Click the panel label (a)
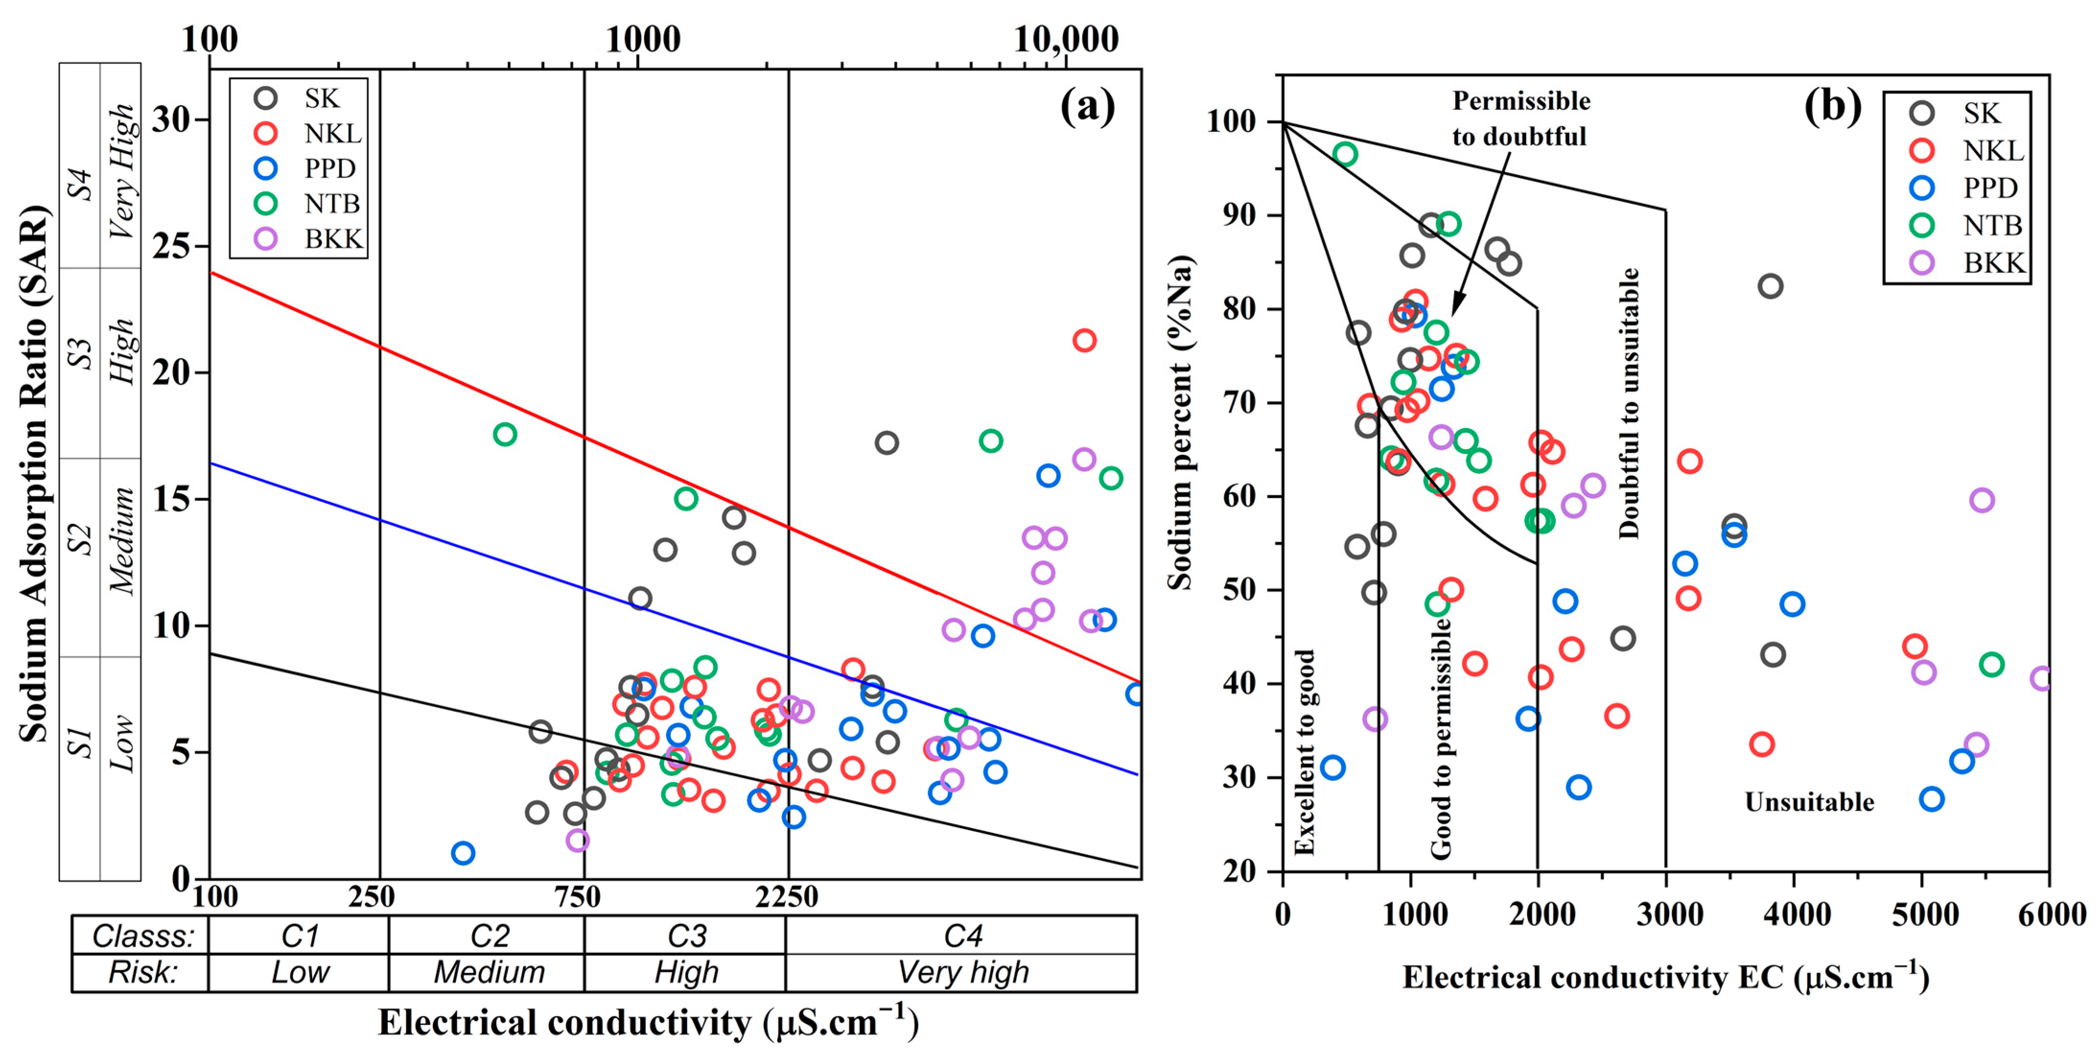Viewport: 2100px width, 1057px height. coord(1087,106)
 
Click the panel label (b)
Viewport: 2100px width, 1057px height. coord(1832,106)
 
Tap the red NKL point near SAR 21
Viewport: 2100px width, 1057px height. coord(1084,340)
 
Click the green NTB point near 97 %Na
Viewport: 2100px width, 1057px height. coord(1345,154)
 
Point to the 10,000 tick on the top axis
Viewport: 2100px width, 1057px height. coord(1065,39)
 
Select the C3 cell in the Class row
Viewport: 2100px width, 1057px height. coord(686,936)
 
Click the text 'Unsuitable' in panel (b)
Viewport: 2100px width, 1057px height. coord(1809,802)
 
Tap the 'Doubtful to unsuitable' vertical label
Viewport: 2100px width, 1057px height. coord(1629,404)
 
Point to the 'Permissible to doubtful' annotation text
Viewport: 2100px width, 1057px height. coord(1520,118)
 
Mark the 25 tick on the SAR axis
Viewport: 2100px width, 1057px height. coord(173,246)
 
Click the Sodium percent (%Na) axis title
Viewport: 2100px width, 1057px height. coord(1179,423)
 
